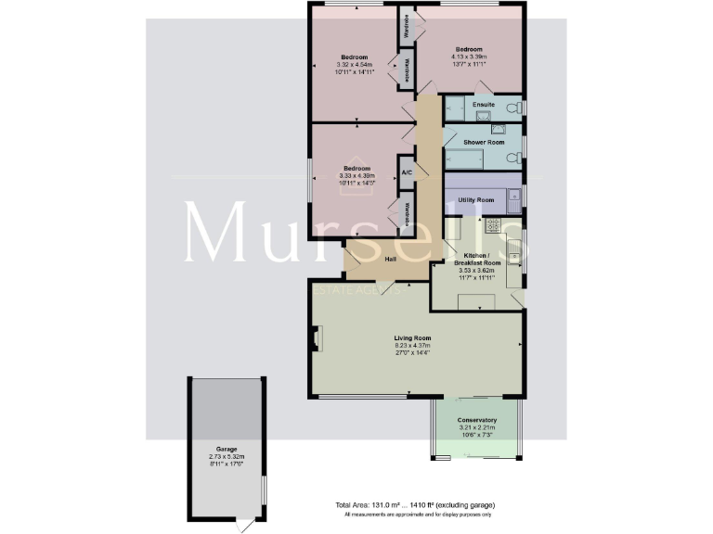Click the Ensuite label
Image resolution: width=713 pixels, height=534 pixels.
pos(483,104)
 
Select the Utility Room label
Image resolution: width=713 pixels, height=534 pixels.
pos(475,199)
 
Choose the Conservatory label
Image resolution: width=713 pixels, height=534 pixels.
pos(476,420)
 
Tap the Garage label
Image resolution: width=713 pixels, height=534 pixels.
pos(227,447)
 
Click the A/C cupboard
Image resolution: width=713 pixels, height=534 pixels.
pos(407,172)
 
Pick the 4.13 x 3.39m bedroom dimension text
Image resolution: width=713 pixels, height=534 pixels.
pos(469,57)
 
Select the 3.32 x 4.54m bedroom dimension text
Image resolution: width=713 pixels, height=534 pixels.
pos(354,65)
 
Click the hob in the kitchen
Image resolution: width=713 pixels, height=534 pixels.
pos(493,224)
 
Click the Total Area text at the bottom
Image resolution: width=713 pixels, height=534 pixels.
pos(415,504)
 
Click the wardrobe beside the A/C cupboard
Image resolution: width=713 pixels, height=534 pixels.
pos(407,212)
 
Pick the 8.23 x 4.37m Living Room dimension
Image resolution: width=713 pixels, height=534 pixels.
pos(412,346)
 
